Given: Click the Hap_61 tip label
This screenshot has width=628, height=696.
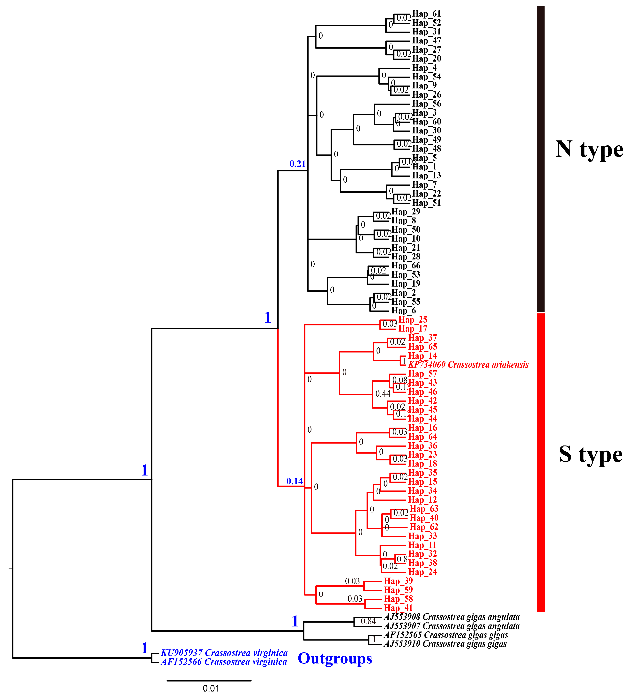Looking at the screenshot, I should coord(426,14).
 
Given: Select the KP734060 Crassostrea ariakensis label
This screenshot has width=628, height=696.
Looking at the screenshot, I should coord(468,365).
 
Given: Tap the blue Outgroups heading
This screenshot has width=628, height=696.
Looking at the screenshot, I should coord(335,658).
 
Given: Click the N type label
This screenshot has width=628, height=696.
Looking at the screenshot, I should coord(589,149).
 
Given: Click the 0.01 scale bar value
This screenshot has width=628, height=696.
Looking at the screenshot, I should coord(211,688).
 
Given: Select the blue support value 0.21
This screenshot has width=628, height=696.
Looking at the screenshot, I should coord(297,164).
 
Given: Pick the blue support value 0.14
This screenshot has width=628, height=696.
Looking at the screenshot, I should coord(294,481).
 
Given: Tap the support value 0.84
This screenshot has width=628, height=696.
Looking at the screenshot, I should coord(368,621).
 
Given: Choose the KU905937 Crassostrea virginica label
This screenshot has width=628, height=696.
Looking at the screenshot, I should coord(224,653).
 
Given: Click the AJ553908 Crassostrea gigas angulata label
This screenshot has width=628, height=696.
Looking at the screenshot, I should coord(451,617).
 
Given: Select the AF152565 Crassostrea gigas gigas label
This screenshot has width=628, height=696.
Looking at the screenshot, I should coord(446,635).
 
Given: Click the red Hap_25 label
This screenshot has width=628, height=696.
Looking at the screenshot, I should coord(413,320).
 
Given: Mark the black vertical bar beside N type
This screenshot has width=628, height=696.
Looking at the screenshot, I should coord(540,159).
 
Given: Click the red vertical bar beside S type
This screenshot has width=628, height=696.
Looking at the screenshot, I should coord(540,462).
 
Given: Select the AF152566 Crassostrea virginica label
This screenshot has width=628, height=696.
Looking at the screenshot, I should coord(224,662).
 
